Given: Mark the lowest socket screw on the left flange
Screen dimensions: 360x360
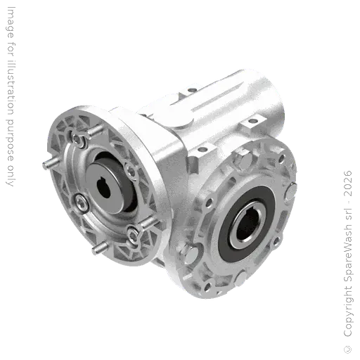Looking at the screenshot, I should tap(131, 231).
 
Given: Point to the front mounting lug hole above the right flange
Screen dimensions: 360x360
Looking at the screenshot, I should tap(207, 149).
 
